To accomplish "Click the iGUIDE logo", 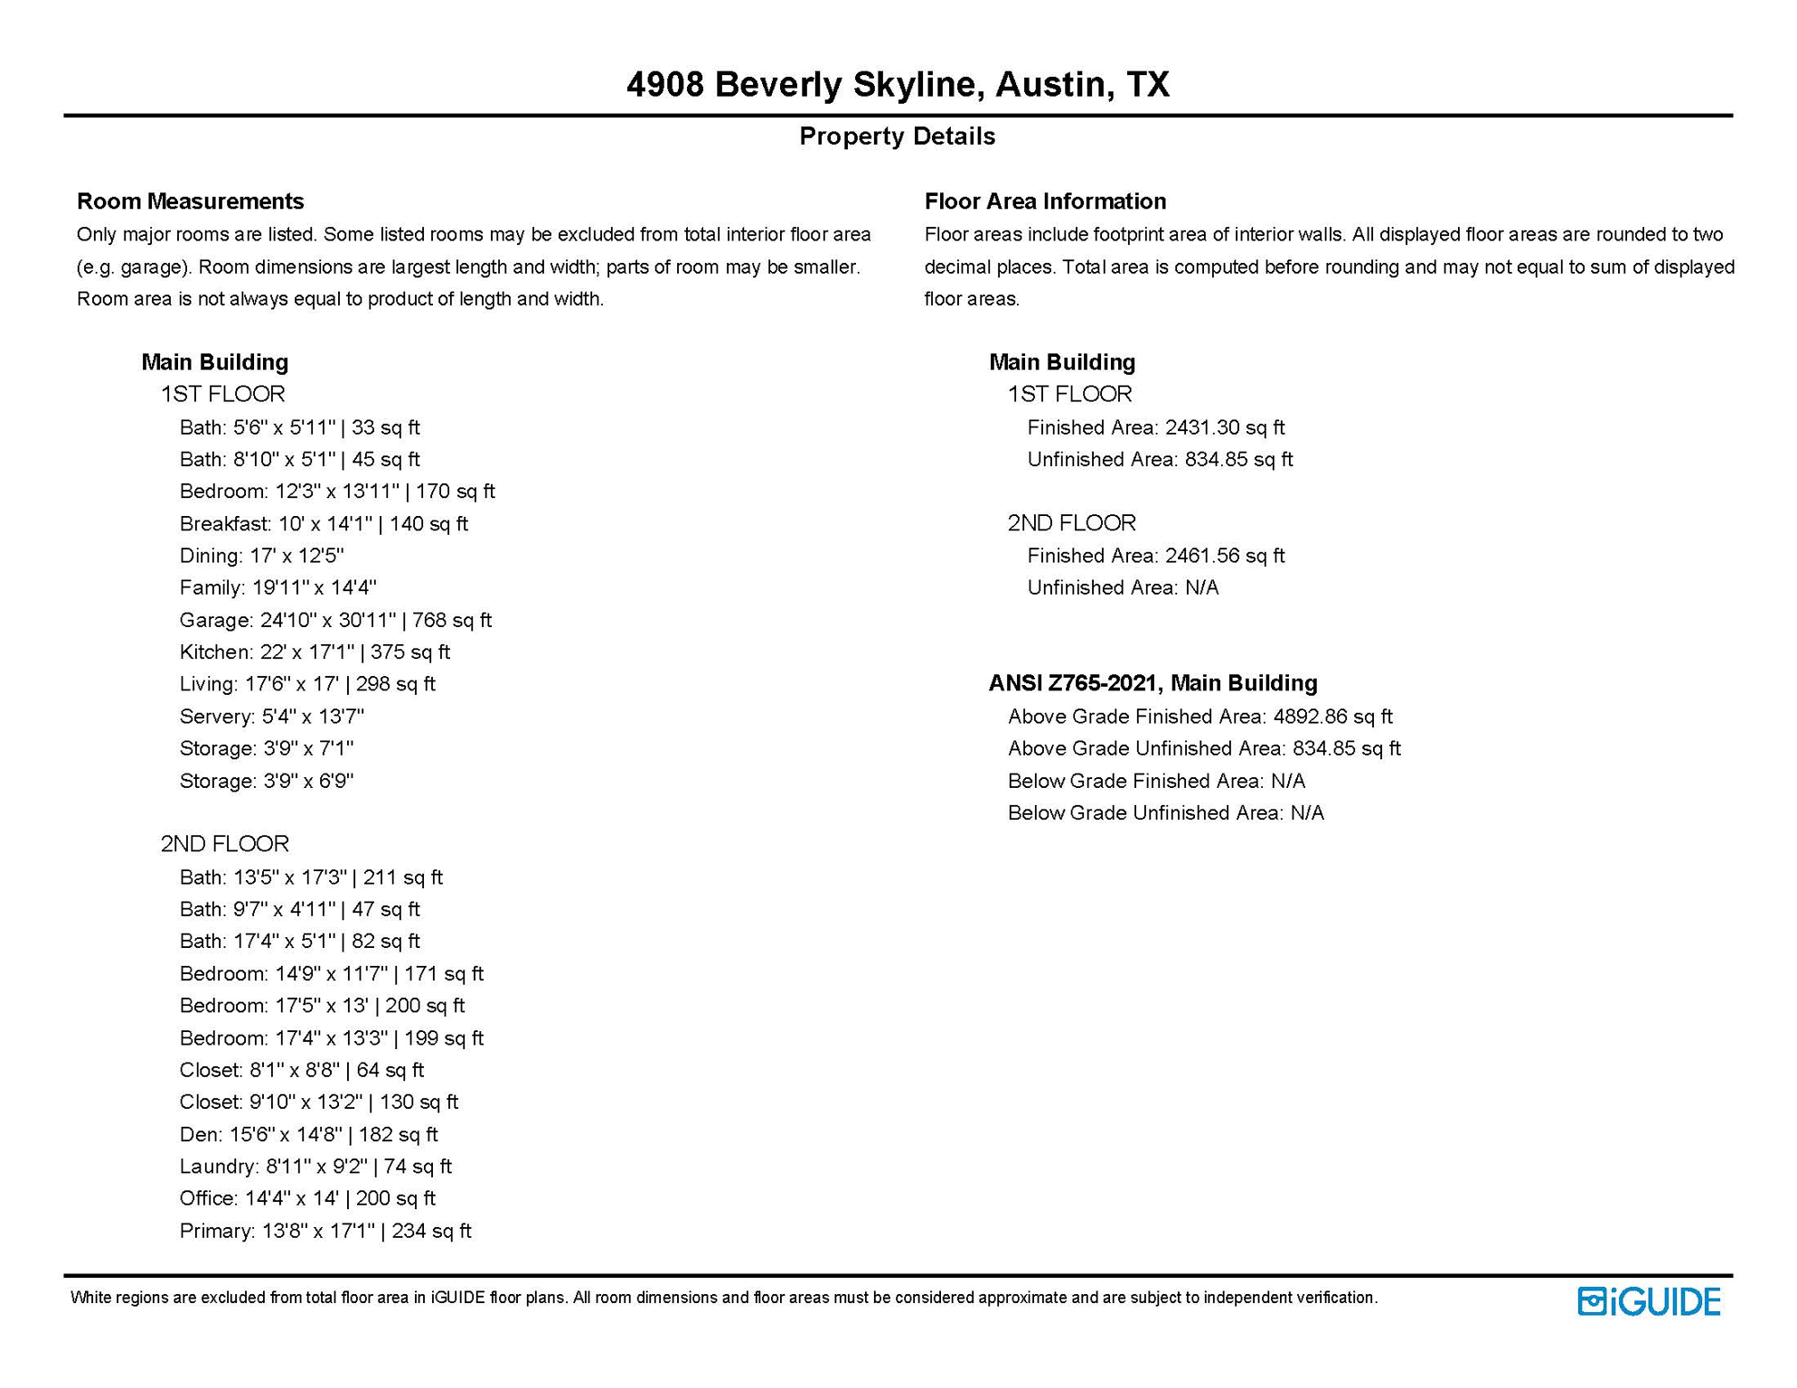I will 1648,1301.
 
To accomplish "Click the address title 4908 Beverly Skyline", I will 897,85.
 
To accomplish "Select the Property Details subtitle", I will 897,136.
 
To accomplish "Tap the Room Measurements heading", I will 190,201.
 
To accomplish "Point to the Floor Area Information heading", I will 1045,201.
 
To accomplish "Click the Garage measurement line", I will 335,620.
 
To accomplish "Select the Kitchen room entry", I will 315,652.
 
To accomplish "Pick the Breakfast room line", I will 324,523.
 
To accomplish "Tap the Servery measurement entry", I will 271,717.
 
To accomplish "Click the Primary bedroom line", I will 325,1230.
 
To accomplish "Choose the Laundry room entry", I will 315,1166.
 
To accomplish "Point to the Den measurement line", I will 308,1134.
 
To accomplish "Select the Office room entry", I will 307,1198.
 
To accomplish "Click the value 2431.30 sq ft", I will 1224,427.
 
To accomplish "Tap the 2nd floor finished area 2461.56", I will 1224,556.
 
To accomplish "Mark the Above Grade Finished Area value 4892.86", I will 1332,717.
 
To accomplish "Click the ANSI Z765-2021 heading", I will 1153,683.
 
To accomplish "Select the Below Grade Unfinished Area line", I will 1165,812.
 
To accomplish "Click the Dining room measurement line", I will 261,556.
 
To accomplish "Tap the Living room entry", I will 307,684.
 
